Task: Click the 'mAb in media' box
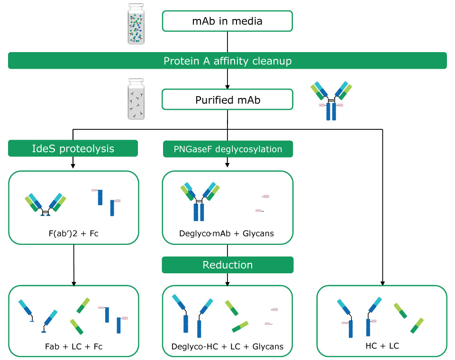[x=227, y=21]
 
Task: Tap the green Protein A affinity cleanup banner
[x=227, y=61]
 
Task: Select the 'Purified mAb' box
[x=227, y=100]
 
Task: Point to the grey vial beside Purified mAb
[x=136, y=100]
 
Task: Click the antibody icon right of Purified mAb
[x=331, y=100]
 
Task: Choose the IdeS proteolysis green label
[x=73, y=148]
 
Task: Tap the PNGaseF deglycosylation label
[x=227, y=149]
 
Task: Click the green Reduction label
[x=227, y=265]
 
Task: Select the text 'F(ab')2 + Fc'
[x=73, y=233]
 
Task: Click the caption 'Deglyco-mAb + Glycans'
[x=227, y=233]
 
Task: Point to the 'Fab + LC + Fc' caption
[x=73, y=346]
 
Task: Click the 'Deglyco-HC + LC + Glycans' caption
[x=227, y=346]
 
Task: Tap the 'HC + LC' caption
[x=382, y=345]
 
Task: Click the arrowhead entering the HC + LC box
[x=382, y=283]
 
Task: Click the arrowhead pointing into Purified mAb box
[x=227, y=87]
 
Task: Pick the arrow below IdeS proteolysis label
[x=73, y=163]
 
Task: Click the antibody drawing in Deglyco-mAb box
[x=199, y=202]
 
